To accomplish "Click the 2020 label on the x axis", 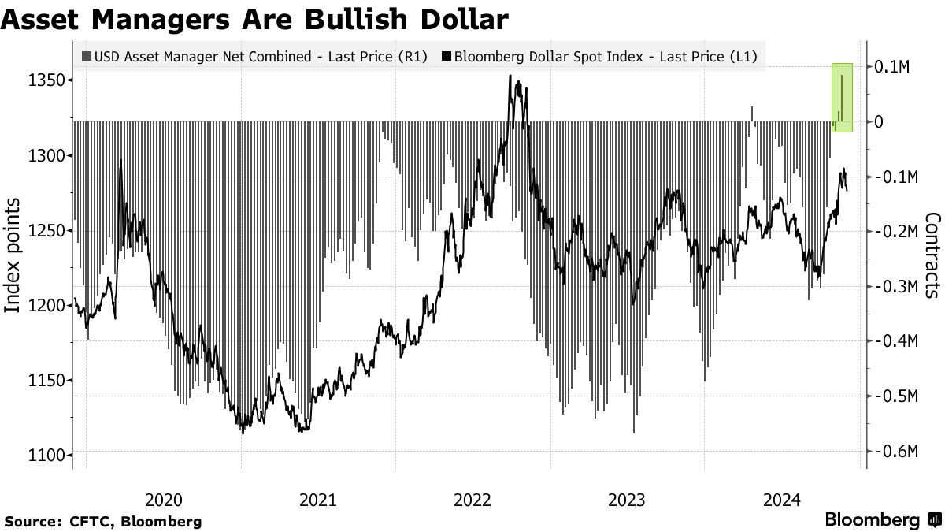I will pyautogui.click(x=164, y=500).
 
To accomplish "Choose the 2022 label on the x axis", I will pyautogui.click(x=474, y=500).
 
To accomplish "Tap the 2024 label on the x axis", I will pyautogui.click(x=784, y=500).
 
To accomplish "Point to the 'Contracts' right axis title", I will pyautogui.click(x=932, y=255).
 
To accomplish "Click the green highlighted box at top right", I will pyautogui.click(x=843, y=97).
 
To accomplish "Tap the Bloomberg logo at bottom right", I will pyautogui.click(x=882, y=520).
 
